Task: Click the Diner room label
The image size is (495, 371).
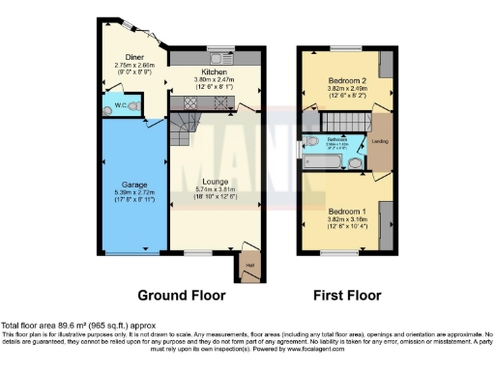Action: pyautogui.click(x=123, y=57)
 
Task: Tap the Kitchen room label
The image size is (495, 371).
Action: pyautogui.click(x=213, y=71)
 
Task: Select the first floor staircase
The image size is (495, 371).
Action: pyautogui.click(x=340, y=121)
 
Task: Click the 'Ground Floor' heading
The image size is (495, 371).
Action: pyautogui.click(x=182, y=295)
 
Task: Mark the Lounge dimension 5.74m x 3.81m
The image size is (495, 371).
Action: pyautogui.click(x=214, y=189)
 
